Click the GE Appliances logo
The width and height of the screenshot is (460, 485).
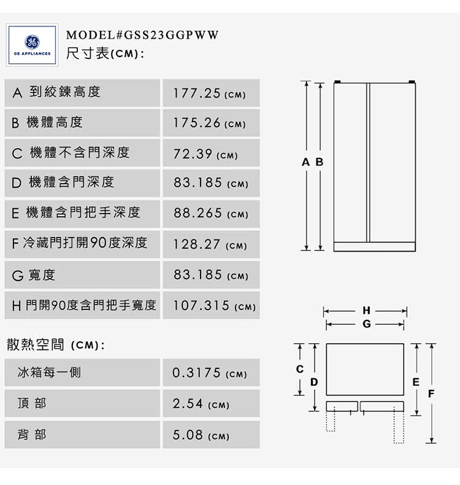click(x=32, y=45)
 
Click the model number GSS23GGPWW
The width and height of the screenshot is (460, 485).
click(x=172, y=35)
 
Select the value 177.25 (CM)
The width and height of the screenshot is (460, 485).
click(x=210, y=93)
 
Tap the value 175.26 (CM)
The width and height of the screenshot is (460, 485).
click(x=210, y=123)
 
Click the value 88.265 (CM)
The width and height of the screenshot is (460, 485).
click(x=211, y=213)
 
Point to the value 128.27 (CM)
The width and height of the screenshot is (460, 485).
click(x=210, y=244)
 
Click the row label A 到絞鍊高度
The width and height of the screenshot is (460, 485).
click(x=56, y=92)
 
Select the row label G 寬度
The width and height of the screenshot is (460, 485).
click(x=34, y=275)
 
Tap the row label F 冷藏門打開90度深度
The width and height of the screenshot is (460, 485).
click(x=80, y=243)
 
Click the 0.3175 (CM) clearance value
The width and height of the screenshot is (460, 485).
click(x=210, y=373)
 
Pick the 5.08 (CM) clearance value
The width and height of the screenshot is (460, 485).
click(x=201, y=435)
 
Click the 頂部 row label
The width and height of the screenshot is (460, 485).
click(x=32, y=403)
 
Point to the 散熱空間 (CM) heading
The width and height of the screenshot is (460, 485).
click(x=56, y=345)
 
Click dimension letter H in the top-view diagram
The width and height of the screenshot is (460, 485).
click(x=366, y=310)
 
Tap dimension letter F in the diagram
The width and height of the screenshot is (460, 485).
click(x=431, y=394)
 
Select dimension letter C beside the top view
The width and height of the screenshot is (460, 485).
click(x=300, y=369)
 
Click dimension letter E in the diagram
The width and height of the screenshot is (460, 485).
click(x=416, y=382)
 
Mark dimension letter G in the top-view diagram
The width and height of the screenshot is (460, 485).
click(x=367, y=324)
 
